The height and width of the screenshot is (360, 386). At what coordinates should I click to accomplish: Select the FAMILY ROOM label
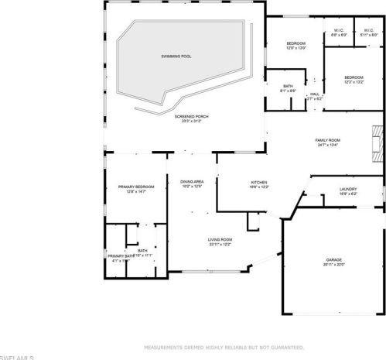(x=327, y=140)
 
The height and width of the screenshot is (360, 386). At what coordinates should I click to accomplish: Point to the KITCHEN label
(x=258, y=183)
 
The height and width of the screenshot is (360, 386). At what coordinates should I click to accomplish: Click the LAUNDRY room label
(x=348, y=190)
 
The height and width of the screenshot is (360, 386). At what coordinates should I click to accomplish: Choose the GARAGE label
(x=334, y=259)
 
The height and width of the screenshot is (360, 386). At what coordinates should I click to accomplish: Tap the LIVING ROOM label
(x=220, y=240)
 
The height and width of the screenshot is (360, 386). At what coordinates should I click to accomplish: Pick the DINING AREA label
(x=192, y=181)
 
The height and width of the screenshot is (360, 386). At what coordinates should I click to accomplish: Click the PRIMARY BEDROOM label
(x=136, y=187)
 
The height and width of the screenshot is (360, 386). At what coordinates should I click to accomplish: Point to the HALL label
(x=315, y=94)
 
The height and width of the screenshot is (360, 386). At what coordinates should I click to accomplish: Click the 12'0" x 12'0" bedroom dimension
(x=296, y=48)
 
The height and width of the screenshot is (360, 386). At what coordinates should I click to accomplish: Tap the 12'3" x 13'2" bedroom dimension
(x=354, y=82)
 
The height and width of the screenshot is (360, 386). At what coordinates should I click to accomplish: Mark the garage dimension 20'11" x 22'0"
(x=334, y=265)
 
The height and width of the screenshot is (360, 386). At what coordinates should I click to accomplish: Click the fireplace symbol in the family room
(x=376, y=139)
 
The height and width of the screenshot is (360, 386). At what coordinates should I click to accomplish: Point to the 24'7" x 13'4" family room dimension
(x=327, y=146)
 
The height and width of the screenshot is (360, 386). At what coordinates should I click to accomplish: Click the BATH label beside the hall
(x=288, y=86)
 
